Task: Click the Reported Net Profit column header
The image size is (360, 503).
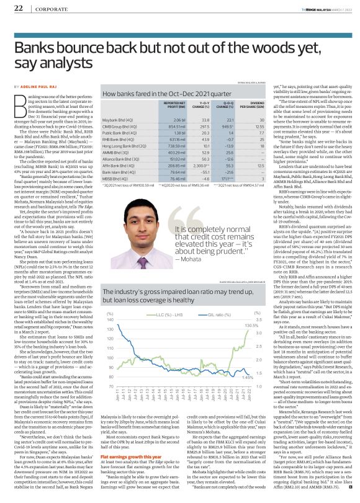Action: [x=160, y=108]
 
